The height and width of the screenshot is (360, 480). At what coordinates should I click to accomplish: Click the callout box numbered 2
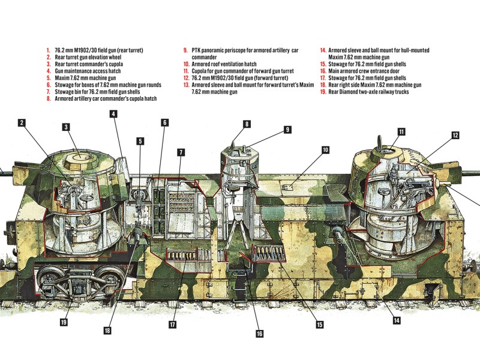[x=22, y=123]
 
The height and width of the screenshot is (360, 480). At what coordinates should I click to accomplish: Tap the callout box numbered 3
[x=66, y=127]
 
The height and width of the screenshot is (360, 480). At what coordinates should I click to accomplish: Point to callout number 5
[x=140, y=142]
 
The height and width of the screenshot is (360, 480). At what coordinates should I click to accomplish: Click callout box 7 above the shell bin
[x=180, y=152]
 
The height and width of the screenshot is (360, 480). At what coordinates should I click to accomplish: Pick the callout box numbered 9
[x=287, y=129]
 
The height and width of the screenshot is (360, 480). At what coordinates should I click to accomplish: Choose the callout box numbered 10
[x=325, y=149]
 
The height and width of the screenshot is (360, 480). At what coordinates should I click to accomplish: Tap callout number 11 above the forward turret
[x=401, y=131]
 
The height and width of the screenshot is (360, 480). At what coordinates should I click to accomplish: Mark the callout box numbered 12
[x=455, y=136]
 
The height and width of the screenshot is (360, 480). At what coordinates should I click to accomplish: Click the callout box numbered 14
[x=397, y=320]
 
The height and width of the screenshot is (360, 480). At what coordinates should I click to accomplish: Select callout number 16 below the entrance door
[x=259, y=334]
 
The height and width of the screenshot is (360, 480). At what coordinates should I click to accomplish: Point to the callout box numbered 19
[x=63, y=322]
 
